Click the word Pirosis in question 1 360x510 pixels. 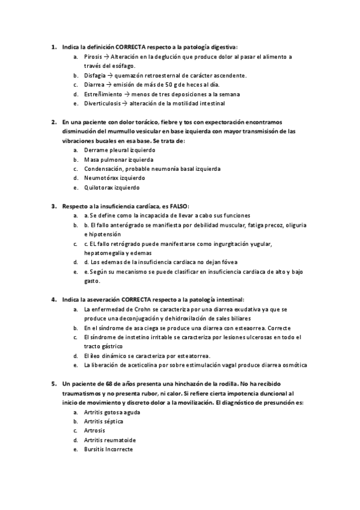click(94, 57)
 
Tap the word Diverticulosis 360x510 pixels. click(102, 103)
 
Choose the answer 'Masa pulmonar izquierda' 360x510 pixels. click(118, 159)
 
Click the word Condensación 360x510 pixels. click(103, 169)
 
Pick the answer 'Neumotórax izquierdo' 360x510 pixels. click(114, 178)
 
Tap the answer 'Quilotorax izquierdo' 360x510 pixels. click(111, 187)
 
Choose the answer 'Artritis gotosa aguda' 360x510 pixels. click(112, 411)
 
